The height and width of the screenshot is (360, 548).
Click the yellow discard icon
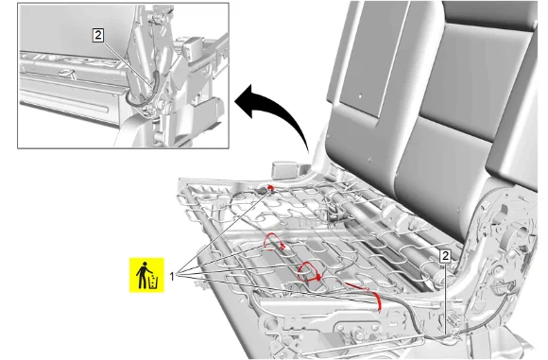pos(146,275)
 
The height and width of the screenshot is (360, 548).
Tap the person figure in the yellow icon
pos(142,275)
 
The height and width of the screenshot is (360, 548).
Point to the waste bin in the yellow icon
pos(154,283)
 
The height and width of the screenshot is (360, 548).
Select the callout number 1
pos(172,277)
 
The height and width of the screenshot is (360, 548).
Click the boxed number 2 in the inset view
pos(98,35)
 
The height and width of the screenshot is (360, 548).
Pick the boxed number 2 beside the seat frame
pos(445,256)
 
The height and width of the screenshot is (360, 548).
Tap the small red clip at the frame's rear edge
pos(270,188)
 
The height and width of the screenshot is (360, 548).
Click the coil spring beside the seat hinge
pos(439,281)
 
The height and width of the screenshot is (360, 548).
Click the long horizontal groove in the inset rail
pos(64,102)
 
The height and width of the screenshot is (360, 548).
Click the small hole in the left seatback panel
pos(361,95)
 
